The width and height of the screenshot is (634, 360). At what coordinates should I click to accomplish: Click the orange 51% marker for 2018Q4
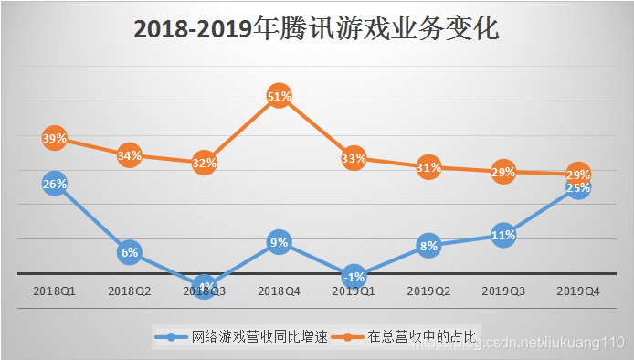tap(279, 96)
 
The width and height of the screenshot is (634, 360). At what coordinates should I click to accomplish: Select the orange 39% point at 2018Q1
tap(54, 139)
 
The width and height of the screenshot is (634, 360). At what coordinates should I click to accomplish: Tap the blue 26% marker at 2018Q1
tap(54, 184)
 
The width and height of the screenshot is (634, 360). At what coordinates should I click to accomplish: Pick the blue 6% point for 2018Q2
tap(129, 252)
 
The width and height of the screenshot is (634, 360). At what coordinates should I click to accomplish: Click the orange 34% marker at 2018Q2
tap(129, 155)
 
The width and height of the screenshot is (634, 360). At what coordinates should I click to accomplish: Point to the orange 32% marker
tap(204, 163)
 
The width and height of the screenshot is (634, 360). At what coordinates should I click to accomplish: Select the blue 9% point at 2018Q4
tap(279, 242)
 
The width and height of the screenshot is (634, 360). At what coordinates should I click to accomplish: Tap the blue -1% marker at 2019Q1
tap(354, 276)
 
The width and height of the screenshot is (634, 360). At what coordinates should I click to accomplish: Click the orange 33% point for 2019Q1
tap(354, 159)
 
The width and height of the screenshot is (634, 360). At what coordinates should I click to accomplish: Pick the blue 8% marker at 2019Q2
tap(428, 245)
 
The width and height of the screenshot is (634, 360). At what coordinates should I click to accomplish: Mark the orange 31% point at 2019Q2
tap(428, 167)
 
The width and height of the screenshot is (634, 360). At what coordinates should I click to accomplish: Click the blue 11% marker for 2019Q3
tap(503, 235)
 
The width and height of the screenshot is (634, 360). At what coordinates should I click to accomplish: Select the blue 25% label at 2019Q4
tap(577, 189)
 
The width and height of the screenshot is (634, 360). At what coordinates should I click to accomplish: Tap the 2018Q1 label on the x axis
tap(54, 291)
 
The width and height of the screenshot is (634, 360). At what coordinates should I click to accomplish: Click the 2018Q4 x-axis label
tap(279, 291)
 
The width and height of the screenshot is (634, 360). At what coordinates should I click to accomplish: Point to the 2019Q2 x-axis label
tap(428, 291)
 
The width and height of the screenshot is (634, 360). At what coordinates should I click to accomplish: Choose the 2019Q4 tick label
tap(578, 291)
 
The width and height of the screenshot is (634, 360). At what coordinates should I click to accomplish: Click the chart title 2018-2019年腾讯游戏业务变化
tap(316, 29)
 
